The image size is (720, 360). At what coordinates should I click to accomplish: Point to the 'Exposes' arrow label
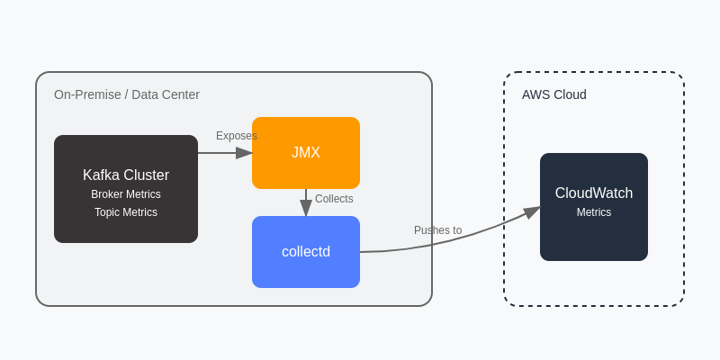click(x=236, y=136)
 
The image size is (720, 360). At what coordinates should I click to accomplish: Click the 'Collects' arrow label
click(x=334, y=199)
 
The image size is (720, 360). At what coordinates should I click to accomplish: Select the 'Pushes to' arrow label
click(x=437, y=230)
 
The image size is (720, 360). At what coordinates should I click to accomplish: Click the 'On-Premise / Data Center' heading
click(x=127, y=94)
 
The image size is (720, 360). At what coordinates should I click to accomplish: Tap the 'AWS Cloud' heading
click(x=553, y=94)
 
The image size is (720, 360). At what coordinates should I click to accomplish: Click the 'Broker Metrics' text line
click(x=126, y=194)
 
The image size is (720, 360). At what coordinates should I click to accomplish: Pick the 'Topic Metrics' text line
click(x=126, y=212)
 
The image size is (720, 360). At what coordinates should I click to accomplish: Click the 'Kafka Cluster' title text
click(x=126, y=175)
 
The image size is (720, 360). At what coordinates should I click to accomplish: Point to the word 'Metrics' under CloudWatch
click(x=594, y=212)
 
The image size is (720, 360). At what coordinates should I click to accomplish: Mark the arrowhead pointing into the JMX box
click(x=245, y=153)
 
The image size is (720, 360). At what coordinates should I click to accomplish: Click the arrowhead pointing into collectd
click(x=306, y=209)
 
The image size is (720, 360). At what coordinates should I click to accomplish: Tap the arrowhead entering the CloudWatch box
click(x=533, y=211)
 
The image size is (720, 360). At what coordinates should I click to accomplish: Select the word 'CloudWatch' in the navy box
click(x=594, y=193)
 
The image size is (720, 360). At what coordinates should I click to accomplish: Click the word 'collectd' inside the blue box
click(x=306, y=252)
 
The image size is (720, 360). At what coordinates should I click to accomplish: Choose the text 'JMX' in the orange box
click(x=306, y=153)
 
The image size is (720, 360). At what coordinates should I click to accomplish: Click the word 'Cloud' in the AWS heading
click(x=569, y=94)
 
